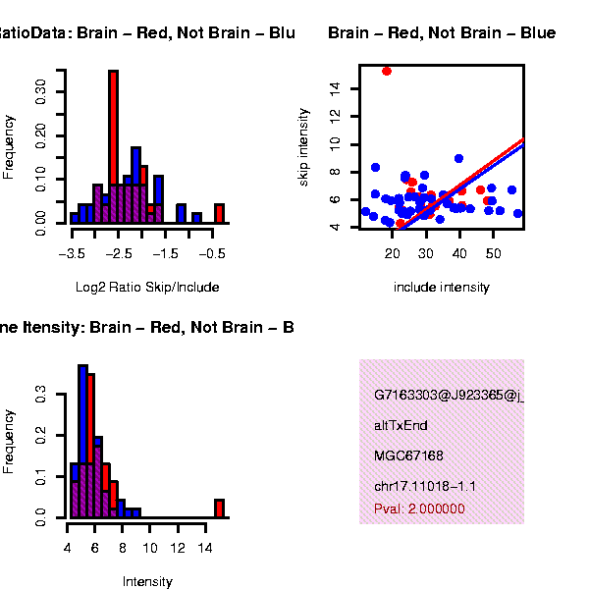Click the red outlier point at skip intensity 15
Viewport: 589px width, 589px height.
(x=387, y=71)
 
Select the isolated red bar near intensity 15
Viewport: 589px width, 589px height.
(x=219, y=508)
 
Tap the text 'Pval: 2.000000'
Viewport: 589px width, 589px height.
(x=419, y=509)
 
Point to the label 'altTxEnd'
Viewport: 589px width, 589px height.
(x=401, y=425)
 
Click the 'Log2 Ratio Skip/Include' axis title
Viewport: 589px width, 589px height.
(x=147, y=288)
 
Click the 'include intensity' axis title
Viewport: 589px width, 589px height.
(x=441, y=288)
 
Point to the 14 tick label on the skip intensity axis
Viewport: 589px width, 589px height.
(x=336, y=88)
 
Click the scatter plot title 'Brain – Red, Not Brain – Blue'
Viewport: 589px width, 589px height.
(x=442, y=33)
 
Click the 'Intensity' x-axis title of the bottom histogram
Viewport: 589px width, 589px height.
(x=147, y=581)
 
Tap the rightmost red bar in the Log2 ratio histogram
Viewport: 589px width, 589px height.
(x=219, y=214)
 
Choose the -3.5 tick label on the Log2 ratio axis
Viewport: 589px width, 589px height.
(x=71, y=253)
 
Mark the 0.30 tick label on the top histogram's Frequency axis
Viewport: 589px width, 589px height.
(x=41, y=91)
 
